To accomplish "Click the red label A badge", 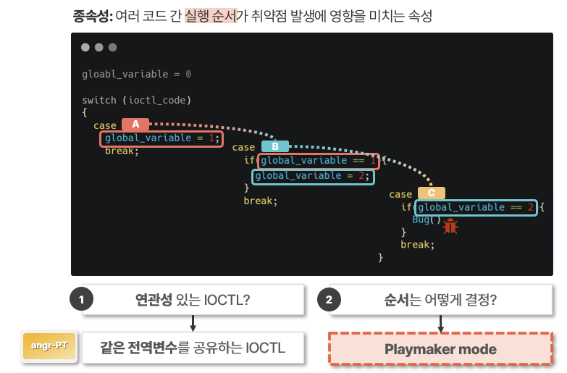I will pos(135,125).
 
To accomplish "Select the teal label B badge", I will pos(275,146).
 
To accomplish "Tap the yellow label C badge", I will pos(432,193).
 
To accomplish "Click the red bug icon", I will pos(451,225).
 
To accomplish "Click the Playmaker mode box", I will pos(440,349).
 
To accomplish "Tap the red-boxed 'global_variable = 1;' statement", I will pos(161,138).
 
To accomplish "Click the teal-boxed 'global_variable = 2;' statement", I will pos(313,176).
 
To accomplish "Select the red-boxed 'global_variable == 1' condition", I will pos(319,160).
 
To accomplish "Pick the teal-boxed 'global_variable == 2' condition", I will pos(476,207).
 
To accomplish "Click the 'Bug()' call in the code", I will pos(426,219).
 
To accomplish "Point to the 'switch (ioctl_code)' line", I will pos(136,100).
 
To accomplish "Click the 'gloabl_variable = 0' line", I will pos(136,74).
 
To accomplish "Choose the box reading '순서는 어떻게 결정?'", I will pos(440,299).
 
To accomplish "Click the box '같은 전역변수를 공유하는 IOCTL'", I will pos(193,348).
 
